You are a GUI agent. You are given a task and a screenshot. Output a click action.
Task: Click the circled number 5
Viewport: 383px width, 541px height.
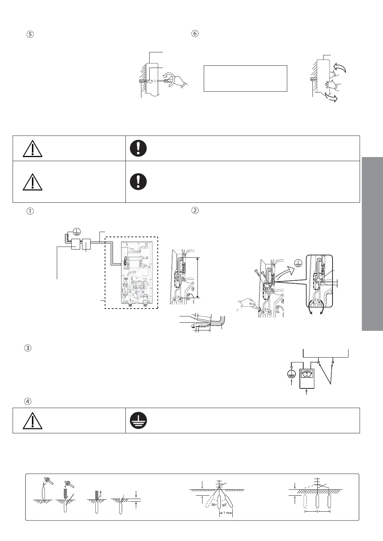pos(30,34)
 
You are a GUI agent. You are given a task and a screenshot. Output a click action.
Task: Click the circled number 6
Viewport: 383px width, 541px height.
pos(195,33)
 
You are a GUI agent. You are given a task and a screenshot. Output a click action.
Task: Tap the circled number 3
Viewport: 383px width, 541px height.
pos(30,349)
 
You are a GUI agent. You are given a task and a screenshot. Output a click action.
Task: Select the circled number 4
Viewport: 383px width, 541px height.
pos(30,401)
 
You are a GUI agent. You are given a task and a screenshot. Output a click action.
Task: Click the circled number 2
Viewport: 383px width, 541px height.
pos(195,210)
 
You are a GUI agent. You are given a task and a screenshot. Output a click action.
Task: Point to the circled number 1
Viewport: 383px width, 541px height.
pos(30,211)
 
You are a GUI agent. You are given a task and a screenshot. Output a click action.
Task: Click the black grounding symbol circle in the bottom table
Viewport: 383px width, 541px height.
pos(138,421)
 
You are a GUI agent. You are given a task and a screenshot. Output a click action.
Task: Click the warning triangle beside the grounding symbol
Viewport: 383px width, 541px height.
pos(32,421)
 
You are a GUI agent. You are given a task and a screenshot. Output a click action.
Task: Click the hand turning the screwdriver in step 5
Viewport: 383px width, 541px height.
pos(181,84)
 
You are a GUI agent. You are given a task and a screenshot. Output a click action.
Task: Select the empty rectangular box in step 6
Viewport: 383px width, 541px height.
pos(245,78)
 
